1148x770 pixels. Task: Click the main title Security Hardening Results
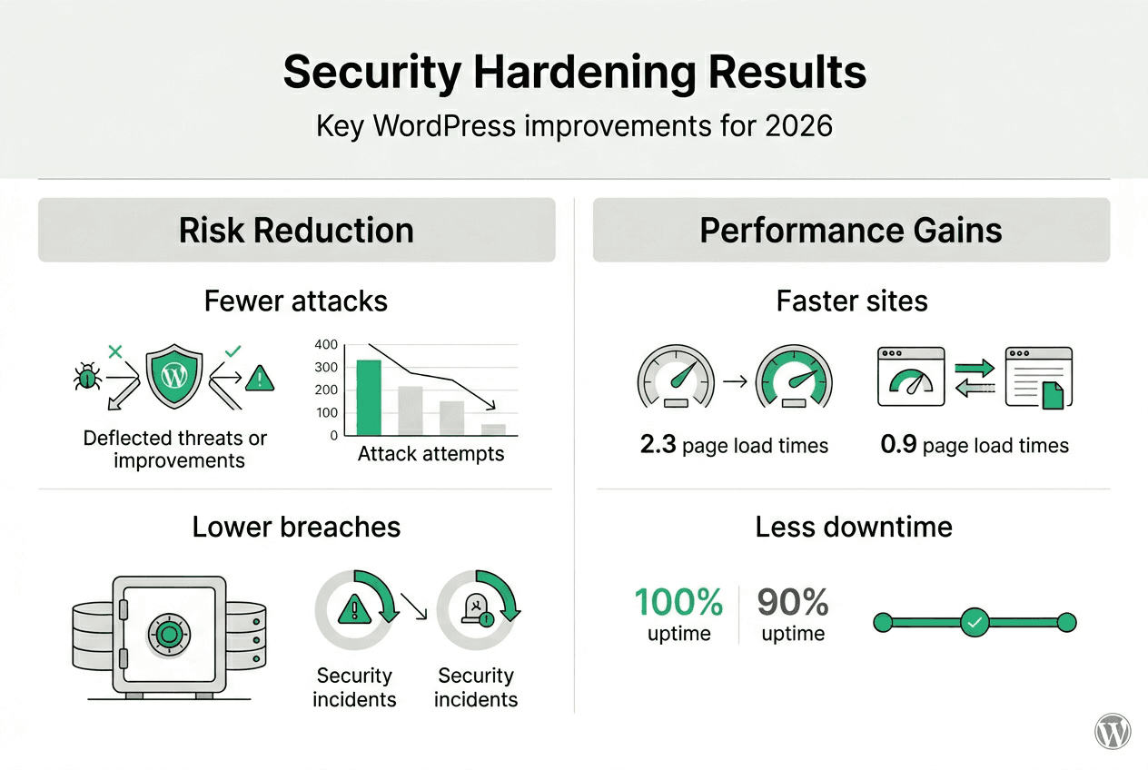point(574,73)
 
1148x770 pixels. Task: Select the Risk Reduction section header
point(296,230)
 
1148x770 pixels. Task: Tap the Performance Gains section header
point(851,230)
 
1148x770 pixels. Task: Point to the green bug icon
point(87,377)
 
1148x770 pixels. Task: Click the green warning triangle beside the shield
point(259,377)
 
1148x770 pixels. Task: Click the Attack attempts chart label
point(430,454)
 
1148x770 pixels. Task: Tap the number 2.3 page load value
point(658,445)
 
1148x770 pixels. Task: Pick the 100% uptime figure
point(678,602)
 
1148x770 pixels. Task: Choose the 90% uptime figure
point(793,602)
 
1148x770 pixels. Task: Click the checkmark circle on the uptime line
point(974,623)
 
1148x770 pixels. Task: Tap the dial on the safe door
point(167,633)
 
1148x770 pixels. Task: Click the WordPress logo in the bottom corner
point(1113,731)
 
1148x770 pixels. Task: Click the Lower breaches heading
point(296,527)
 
